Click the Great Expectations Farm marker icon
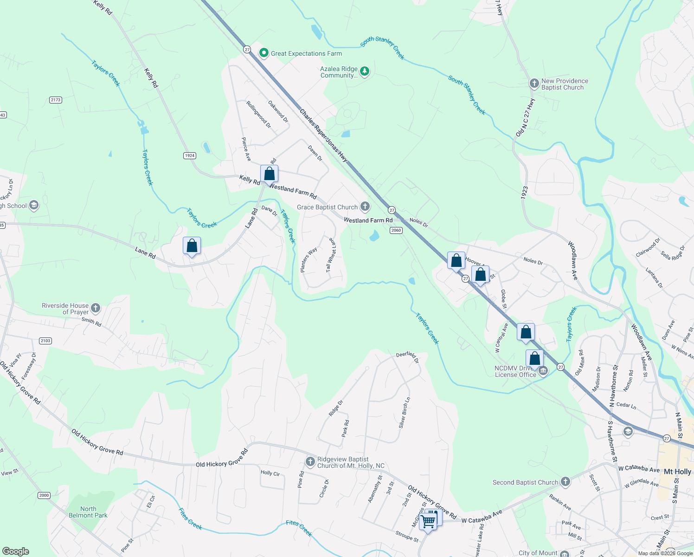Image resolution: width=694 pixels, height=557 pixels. click(264, 53)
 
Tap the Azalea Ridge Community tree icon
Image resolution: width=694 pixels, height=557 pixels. click(365, 71)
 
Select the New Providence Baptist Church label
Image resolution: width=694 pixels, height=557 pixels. click(564, 84)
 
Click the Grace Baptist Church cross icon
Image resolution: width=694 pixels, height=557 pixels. click(365, 207)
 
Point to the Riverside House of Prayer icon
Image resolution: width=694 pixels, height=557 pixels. click(96, 308)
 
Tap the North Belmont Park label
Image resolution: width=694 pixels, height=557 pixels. click(88, 512)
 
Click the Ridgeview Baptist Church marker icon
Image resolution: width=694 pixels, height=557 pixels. click(310, 462)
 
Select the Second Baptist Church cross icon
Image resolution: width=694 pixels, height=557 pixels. click(565, 482)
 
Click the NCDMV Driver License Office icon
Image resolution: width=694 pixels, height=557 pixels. click(543, 371)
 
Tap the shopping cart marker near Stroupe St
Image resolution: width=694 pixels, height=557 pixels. click(428, 521)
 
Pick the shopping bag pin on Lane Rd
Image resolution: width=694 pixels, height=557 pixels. click(192, 246)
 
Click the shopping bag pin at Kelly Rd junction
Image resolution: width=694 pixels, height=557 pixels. click(269, 174)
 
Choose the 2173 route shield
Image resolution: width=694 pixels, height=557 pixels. click(56, 100)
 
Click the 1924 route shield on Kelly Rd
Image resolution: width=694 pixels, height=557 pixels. click(189, 155)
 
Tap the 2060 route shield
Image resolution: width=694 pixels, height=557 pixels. click(396, 230)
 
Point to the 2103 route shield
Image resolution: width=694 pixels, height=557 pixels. click(45, 341)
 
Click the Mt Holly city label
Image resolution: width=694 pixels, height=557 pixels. click(677, 472)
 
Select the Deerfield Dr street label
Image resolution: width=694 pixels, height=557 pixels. click(407, 356)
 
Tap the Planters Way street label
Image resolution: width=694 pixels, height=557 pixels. click(308, 259)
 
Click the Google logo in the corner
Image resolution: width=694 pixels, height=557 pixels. click(16, 551)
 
